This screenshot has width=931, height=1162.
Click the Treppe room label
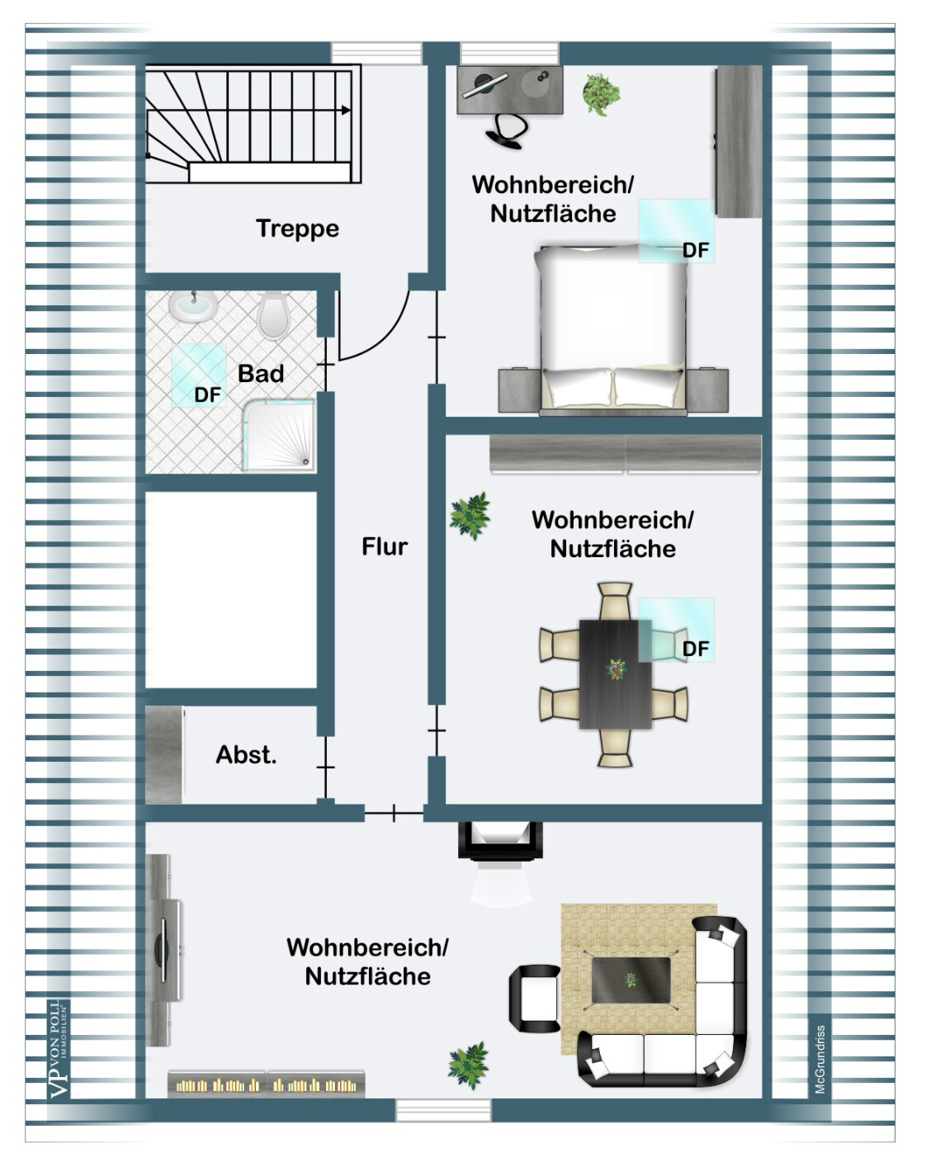point(298,229)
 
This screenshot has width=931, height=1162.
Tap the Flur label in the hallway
point(385,546)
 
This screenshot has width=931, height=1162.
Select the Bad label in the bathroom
point(261,374)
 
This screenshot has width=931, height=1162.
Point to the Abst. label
point(246,754)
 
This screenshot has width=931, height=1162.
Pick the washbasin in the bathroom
point(193,306)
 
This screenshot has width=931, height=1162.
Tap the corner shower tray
point(279,436)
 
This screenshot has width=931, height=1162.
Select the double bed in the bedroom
point(614,329)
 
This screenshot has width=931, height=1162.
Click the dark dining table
point(616,674)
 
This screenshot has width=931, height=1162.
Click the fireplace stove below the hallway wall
point(499,842)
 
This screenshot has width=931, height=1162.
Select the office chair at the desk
point(507,130)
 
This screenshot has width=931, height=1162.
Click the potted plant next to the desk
point(601,94)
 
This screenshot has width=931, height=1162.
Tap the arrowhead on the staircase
point(346,110)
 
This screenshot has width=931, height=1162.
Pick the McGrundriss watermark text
point(820,1059)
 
